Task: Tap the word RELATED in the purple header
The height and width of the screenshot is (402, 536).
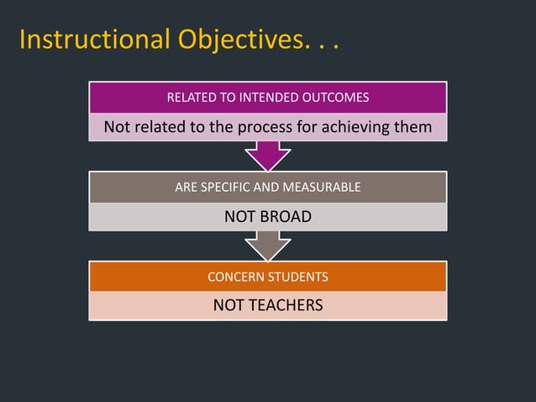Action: (192, 98)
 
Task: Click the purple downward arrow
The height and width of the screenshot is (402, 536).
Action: (268, 156)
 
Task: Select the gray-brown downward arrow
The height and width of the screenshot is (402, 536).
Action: (268, 246)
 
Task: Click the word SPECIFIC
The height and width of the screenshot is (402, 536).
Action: (230, 188)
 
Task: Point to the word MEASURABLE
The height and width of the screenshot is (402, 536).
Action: (323, 188)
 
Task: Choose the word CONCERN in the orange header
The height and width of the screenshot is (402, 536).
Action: (234, 277)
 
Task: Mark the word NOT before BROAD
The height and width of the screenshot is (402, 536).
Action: (238, 217)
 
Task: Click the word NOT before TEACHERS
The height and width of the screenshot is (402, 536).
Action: (227, 305)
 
